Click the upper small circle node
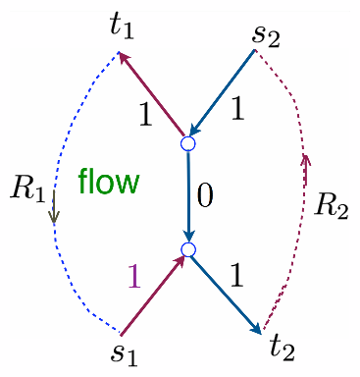[189, 143]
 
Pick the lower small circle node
[189, 250]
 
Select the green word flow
[109, 182]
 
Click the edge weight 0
[205, 194]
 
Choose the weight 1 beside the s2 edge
[236, 109]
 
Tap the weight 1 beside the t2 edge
[235, 276]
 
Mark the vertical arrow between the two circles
[189, 196]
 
